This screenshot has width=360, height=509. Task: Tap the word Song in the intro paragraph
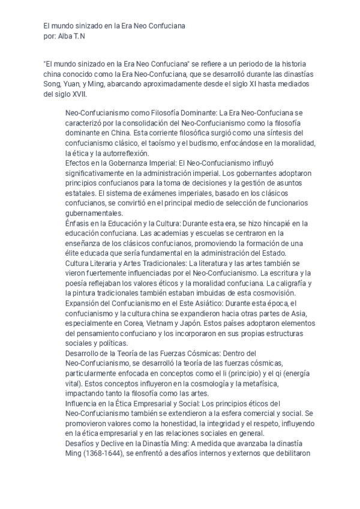click(x=52, y=84)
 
